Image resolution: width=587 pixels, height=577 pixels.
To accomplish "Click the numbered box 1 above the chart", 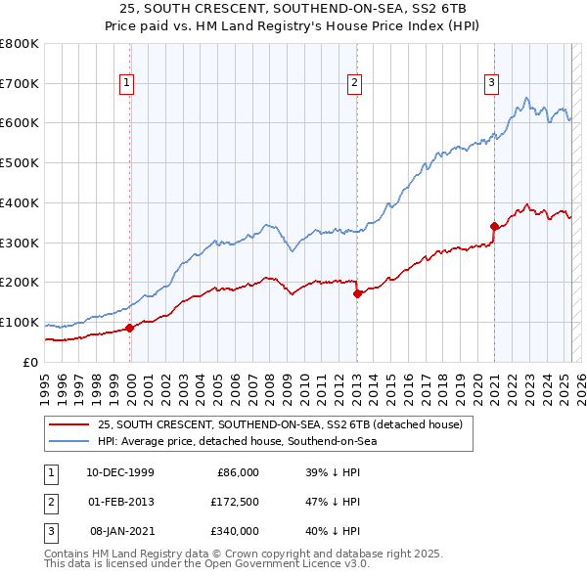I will click(128, 84).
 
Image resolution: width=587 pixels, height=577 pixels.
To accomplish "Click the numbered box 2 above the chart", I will click(354, 84).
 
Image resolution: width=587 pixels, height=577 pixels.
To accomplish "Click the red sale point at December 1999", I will click(130, 328).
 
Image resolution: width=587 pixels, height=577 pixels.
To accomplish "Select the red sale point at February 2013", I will click(357, 292).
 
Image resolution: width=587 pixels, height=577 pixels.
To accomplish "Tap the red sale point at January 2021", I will click(494, 226).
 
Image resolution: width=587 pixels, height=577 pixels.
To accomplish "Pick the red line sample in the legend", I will click(68, 424).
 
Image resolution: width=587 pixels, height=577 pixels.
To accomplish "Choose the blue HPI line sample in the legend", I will click(68, 442).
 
